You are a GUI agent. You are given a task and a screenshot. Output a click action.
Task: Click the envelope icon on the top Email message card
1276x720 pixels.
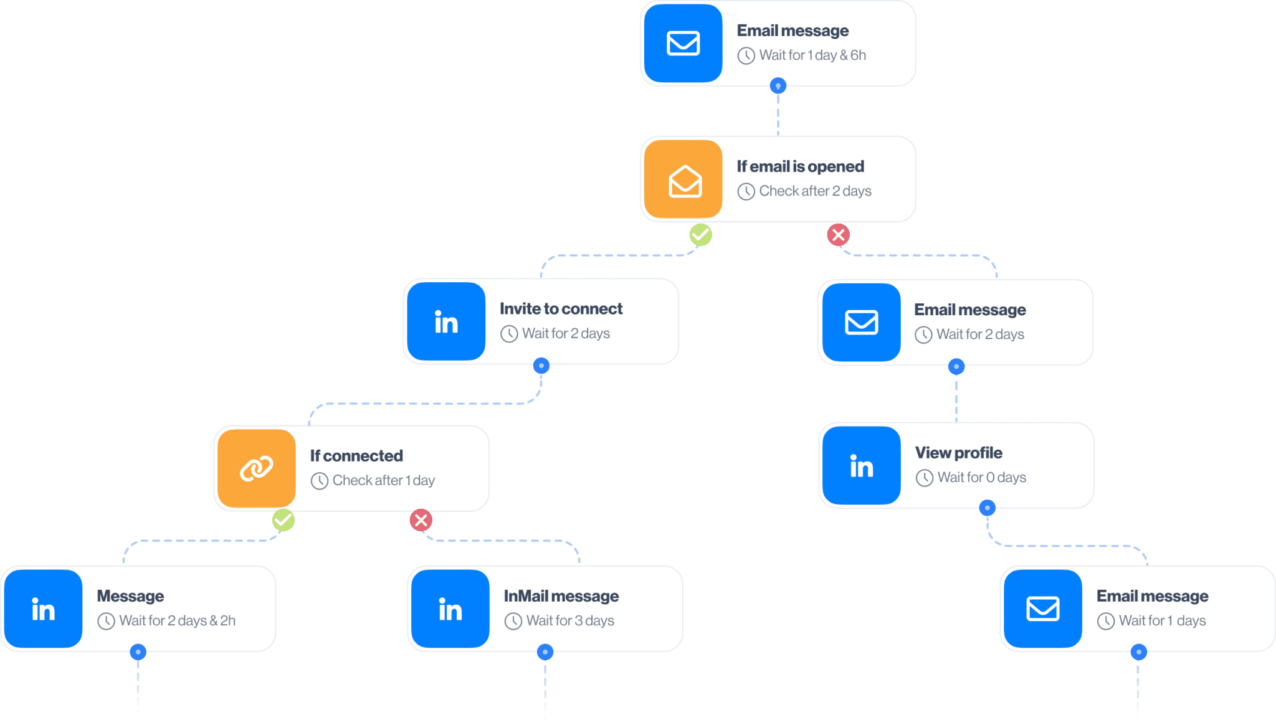pyautogui.click(x=683, y=44)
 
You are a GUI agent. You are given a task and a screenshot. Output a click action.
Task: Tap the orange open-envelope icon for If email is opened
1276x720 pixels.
pyautogui.click(x=684, y=180)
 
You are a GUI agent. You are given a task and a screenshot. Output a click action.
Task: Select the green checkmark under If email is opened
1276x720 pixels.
pyautogui.click(x=700, y=235)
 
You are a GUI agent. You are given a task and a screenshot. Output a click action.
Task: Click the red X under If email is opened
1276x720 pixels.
pyautogui.click(x=838, y=235)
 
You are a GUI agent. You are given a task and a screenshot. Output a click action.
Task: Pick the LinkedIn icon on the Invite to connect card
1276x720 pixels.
pyautogui.click(x=445, y=322)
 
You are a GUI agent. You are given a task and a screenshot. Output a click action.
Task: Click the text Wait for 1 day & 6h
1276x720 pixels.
pyautogui.click(x=812, y=55)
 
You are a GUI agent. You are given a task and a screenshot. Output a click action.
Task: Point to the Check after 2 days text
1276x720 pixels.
pyautogui.click(x=814, y=191)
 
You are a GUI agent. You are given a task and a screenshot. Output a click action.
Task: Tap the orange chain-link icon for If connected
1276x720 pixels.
pyautogui.click(x=256, y=468)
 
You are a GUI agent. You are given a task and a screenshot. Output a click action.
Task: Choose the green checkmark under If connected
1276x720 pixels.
pyautogui.click(x=283, y=519)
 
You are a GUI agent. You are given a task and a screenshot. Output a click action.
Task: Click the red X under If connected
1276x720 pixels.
pyautogui.click(x=421, y=519)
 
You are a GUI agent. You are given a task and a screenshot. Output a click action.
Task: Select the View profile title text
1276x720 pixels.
pyautogui.click(x=958, y=453)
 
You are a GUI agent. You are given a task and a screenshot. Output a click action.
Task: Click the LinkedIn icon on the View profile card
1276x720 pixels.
pyautogui.click(x=861, y=466)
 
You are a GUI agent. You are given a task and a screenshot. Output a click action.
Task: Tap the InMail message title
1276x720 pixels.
pyautogui.click(x=561, y=596)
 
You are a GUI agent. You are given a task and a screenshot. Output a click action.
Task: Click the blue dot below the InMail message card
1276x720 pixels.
pyautogui.click(x=545, y=652)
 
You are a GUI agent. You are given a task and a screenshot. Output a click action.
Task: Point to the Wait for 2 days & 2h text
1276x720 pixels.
pyautogui.click(x=177, y=621)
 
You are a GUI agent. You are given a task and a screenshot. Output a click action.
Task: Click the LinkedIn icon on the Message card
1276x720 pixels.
pyautogui.click(x=43, y=609)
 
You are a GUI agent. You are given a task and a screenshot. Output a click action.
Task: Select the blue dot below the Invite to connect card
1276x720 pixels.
pyautogui.click(x=541, y=366)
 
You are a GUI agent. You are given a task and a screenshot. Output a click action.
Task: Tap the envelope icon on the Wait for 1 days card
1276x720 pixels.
pyautogui.click(x=1042, y=609)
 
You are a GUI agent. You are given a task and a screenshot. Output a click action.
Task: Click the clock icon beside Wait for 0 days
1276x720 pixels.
pyautogui.click(x=924, y=478)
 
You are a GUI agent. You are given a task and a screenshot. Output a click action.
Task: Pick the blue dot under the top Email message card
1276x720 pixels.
pyautogui.click(x=778, y=85)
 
